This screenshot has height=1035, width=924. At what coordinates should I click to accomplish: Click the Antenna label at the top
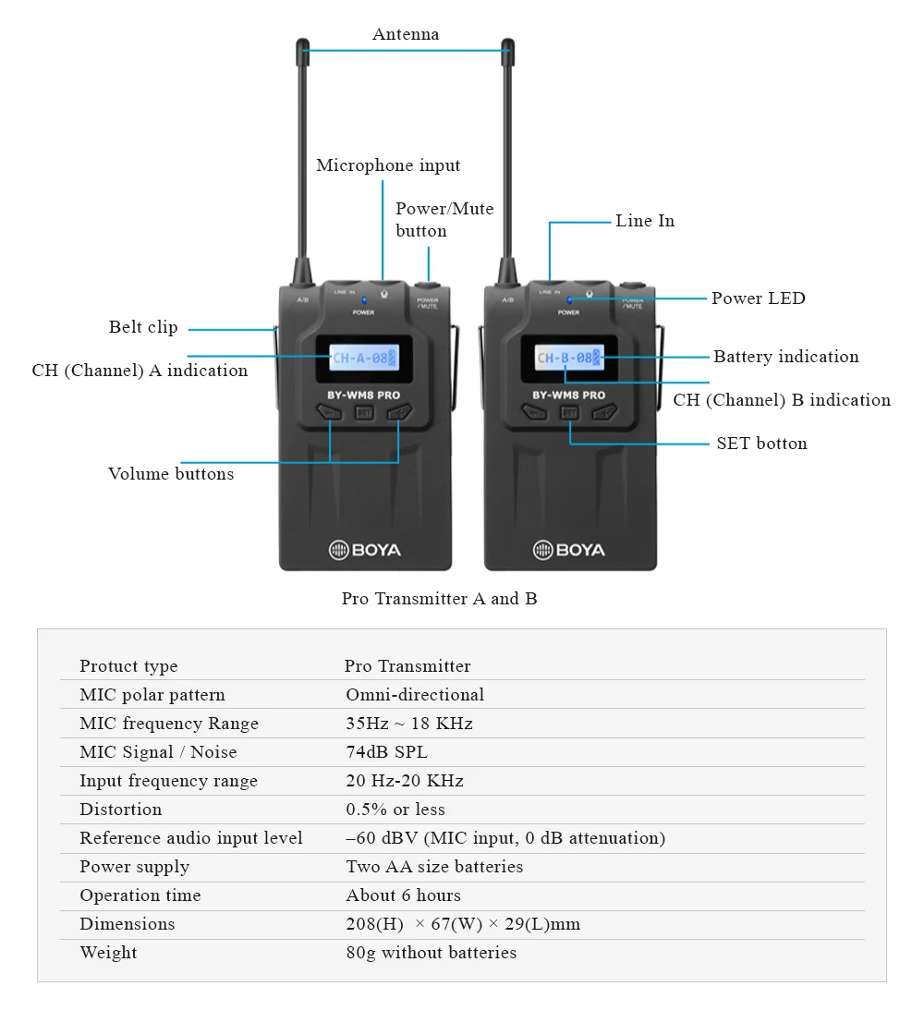click(x=406, y=35)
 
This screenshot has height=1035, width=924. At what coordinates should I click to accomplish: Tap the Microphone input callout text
click(x=388, y=166)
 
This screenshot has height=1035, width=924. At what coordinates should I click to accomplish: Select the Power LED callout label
click(x=758, y=298)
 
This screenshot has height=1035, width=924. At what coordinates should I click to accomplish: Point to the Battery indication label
click(x=785, y=357)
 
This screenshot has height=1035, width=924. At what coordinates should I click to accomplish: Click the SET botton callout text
click(x=761, y=444)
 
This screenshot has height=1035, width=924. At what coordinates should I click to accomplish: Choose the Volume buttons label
click(x=171, y=474)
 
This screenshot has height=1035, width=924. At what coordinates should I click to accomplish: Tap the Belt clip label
click(x=143, y=327)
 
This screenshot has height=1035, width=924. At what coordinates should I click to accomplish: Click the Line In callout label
click(x=645, y=221)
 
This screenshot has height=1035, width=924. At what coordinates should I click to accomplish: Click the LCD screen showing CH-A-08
click(x=365, y=358)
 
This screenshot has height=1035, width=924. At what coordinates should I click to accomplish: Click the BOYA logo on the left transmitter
click(x=365, y=551)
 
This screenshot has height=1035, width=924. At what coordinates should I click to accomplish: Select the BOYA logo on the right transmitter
click(x=569, y=551)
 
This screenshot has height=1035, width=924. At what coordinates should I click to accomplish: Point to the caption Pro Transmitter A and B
click(x=439, y=599)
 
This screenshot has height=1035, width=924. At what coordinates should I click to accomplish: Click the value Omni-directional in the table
click(x=415, y=695)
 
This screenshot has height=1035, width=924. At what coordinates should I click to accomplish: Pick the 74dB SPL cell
click(x=386, y=752)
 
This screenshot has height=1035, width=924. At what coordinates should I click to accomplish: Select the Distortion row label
click(x=120, y=810)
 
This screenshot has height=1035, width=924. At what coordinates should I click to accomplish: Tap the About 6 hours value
click(x=403, y=895)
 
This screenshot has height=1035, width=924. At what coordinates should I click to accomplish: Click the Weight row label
click(x=108, y=953)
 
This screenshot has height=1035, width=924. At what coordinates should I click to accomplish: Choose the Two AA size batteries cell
click(x=434, y=867)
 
